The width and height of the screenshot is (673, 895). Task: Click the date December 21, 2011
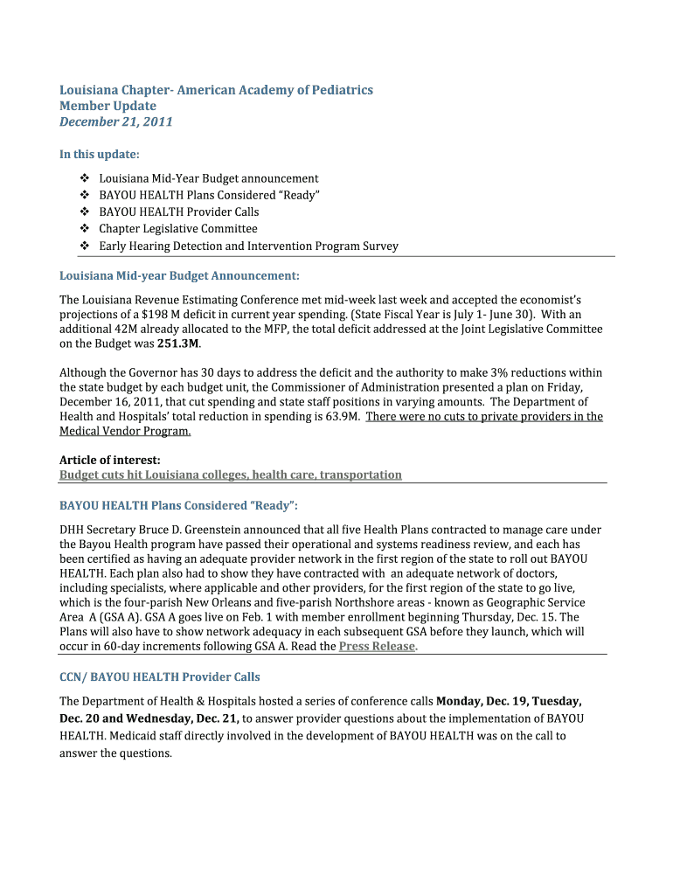tap(115, 122)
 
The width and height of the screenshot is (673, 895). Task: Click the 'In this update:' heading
tap(99, 155)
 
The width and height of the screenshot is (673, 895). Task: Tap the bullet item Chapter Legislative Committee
tap(178, 229)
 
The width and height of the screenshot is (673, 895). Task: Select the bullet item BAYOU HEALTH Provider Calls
tap(178, 212)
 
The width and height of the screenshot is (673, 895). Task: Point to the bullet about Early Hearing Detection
tap(248, 246)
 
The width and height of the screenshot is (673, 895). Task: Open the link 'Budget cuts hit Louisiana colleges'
tap(230, 475)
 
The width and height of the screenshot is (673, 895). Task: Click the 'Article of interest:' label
tap(109, 460)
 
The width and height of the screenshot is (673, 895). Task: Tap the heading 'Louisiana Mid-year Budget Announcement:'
tap(179, 276)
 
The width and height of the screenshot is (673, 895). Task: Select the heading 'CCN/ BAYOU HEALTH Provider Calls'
tap(159, 677)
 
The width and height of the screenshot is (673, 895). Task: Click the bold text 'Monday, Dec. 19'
tap(480, 701)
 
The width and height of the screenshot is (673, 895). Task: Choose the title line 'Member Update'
tap(108, 107)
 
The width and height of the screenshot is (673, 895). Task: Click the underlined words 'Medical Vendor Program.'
tap(125, 432)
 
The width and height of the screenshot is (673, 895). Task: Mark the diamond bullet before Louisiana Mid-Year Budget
tap(84, 178)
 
